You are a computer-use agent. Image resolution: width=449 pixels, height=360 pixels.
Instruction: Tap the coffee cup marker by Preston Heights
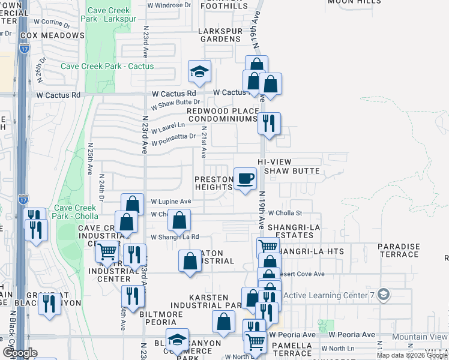tap(244, 179)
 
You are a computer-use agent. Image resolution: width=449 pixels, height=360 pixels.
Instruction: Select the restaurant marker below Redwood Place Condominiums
tap(269, 124)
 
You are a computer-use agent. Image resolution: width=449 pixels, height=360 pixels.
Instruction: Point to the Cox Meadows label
tap(52, 35)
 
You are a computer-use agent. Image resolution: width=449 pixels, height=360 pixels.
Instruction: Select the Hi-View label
tap(274, 162)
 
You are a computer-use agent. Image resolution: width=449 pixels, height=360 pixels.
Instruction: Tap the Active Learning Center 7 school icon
tap(384, 295)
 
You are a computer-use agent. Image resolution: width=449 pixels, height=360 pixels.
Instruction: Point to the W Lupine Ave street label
tap(170, 202)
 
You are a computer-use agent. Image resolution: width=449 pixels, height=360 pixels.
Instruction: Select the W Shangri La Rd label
tap(175, 237)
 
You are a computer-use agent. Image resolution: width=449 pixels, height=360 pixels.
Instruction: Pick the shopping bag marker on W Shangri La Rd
tap(179, 221)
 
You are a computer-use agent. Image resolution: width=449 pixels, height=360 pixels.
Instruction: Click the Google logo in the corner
tap(20, 353)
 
